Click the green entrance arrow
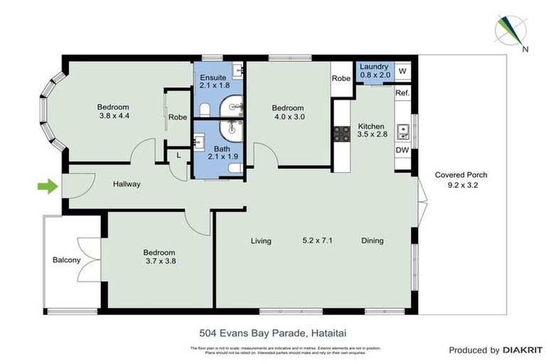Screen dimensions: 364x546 pyautogui.click(x=47, y=187)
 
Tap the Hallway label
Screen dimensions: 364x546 pyautogui.click(x=127, y=184)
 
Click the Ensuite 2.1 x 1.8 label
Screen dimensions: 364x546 pyautogui.click(x=213, y=81)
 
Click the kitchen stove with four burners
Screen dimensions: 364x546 pyautogui.click(x=340, y=134)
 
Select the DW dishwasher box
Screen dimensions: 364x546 pyautogui.click(x=402, y=150)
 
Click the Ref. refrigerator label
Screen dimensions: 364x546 pyautogui.click(x=402, y=93)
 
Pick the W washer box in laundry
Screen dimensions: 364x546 pyautogui.click(x=402, y=71)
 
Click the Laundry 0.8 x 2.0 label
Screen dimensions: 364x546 pyautogui.click(x=374, y=70)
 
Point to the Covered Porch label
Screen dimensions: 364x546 pyautogui.click(x=461, y=179)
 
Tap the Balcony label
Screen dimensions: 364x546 pyautogui.click(x=66, y=260)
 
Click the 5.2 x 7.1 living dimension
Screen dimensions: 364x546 pyautogui.click(x=317, y=241)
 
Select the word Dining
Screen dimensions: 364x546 pyautogui.click(x=372, y=241)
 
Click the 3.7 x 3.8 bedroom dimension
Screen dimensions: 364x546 pyautogui.click(x=160, y=261)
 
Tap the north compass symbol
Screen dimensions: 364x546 pyautogui.click(x=512, y=31)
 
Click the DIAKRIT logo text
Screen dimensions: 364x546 pyautogui.click(x=523, y=350)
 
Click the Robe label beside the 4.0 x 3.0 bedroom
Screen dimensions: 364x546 pyautogui.click(x=341, y=78)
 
